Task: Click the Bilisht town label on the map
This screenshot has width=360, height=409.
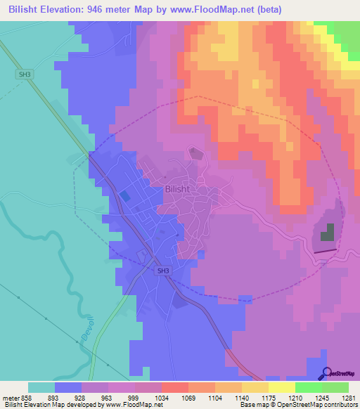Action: pyautogui.click(x=177, y=189)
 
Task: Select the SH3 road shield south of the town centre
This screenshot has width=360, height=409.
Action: pyautogui.click(x=163, y=271)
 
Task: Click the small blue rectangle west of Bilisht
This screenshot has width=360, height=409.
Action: pyautogui.click(x=124, y=197)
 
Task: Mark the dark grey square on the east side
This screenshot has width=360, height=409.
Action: pyautogui.click(x=328, y=233)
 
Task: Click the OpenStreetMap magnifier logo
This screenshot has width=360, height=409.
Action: pyautogui.click(x=327, y=372)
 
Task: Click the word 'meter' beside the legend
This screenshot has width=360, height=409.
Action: pyautogui.click(x=9, y=397)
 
